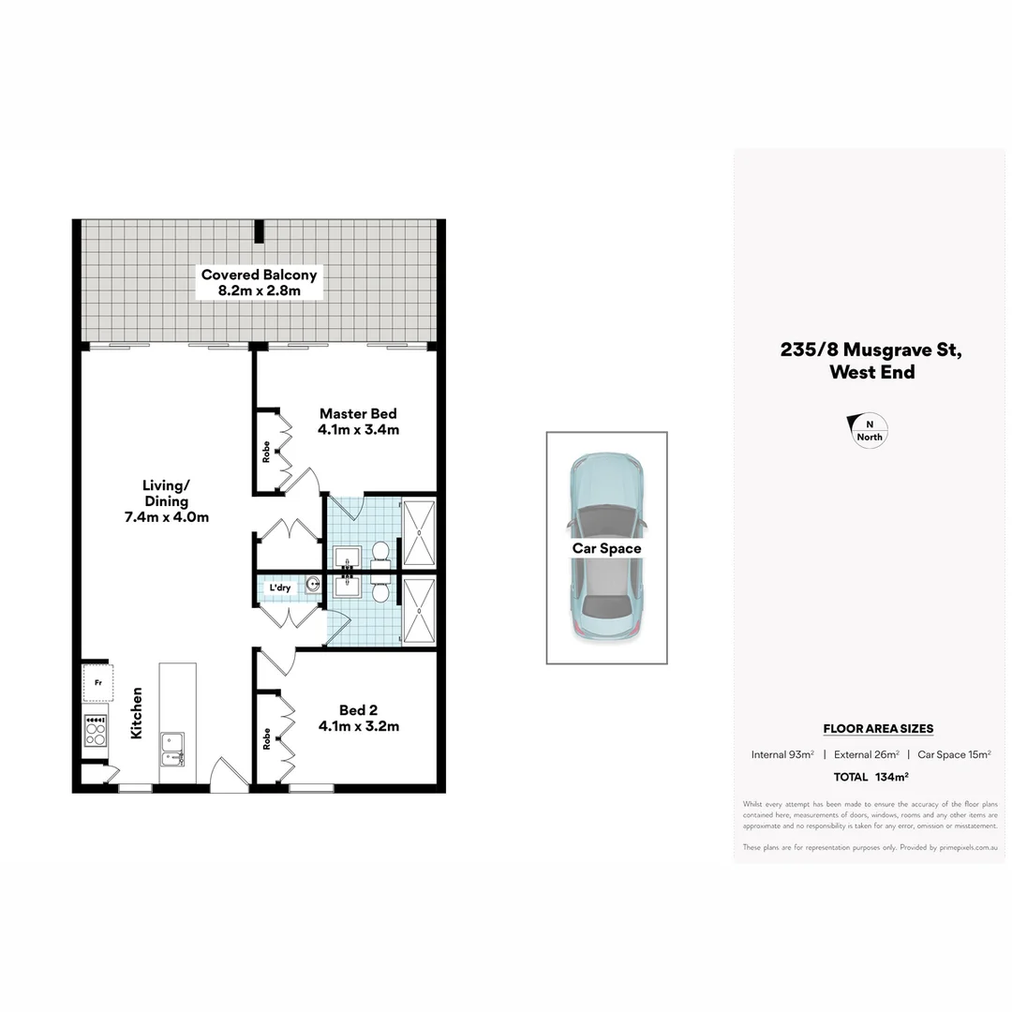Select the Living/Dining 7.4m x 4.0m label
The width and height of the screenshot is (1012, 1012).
[166, 500]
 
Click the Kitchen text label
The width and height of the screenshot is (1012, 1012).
[137, 713]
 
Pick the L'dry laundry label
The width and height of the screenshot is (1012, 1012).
[280, 588]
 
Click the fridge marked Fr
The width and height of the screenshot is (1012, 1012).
[97, 683]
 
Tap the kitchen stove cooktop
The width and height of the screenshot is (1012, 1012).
[96, 730]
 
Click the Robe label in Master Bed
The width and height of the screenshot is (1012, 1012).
[267, 452]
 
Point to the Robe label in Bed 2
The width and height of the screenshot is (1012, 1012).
[267, 738]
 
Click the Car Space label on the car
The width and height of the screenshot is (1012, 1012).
[606, 548]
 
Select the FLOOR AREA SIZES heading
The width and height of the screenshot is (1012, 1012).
[878, 728]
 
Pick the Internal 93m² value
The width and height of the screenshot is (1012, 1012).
[782, 754]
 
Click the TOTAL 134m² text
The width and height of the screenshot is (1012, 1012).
[871, 777]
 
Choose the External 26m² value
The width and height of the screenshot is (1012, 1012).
[867, 754]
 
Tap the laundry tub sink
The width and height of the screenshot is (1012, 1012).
[312, 584]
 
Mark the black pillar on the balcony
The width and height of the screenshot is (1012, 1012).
[259, 231]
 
